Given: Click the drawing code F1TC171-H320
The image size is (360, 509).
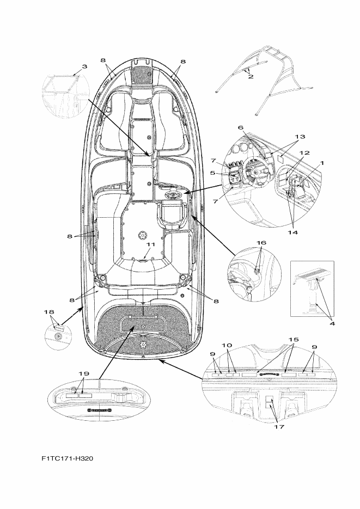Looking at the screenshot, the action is point(67,458).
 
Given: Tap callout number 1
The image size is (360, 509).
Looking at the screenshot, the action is point(322,163).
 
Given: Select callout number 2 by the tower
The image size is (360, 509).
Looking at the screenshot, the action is point(251,77).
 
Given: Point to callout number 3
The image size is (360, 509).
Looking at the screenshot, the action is point(84,66).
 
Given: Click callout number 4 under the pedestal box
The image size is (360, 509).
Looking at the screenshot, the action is point(332,323).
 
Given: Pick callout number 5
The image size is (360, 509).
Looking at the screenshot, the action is point(212,173).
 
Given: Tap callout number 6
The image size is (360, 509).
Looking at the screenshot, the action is point(241,127).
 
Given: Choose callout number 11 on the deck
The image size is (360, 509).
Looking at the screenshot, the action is point(151,244).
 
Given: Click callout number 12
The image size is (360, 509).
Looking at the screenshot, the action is point(304,152).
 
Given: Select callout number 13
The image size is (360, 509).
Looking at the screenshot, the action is point(300,136).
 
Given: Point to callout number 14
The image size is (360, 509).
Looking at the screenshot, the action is point(292,232).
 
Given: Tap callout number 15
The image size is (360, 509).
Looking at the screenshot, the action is point(294,339).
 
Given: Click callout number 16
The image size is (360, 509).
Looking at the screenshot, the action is point(261,242).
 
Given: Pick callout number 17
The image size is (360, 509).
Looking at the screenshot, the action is point(279,426).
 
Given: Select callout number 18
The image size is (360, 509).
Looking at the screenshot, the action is point(49,312).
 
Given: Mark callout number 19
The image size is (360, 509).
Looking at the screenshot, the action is point(84,373).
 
